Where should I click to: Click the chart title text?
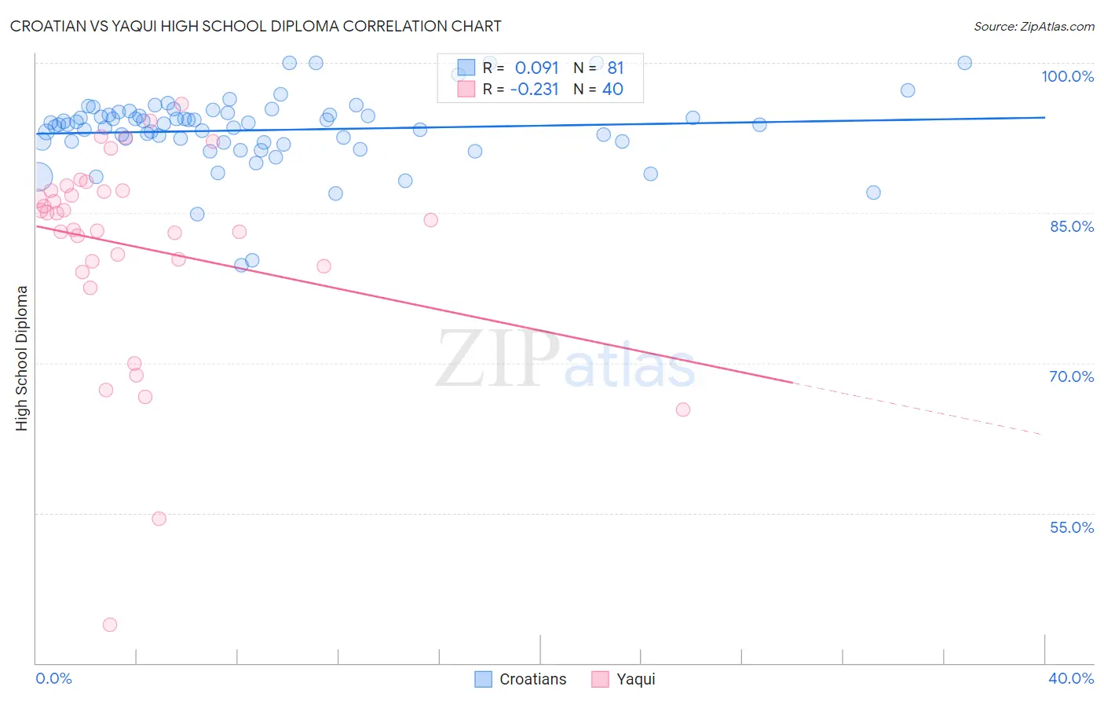[255, 26]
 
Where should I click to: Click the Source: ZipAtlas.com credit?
[1033, 26]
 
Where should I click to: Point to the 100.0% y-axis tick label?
[1067, 76]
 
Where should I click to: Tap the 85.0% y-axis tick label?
[1071, 226]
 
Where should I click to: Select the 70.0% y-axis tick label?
[1071, 376]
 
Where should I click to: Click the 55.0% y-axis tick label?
[1071, 527]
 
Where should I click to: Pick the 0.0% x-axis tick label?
[53, 678]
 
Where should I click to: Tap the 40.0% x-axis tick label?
[1070, 678]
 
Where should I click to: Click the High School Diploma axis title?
[22, 358]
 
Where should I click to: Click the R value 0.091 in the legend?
[536, 68]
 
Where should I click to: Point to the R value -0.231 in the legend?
[534, 90]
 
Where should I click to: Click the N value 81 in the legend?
[615, 68]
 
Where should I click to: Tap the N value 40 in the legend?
[612, 90]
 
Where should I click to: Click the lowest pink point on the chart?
[110, 625]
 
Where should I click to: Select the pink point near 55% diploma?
[159, 519]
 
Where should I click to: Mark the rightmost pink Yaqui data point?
[683, 409]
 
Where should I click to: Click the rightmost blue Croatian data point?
[965, 63]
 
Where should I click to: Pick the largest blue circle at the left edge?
[39, 177]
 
